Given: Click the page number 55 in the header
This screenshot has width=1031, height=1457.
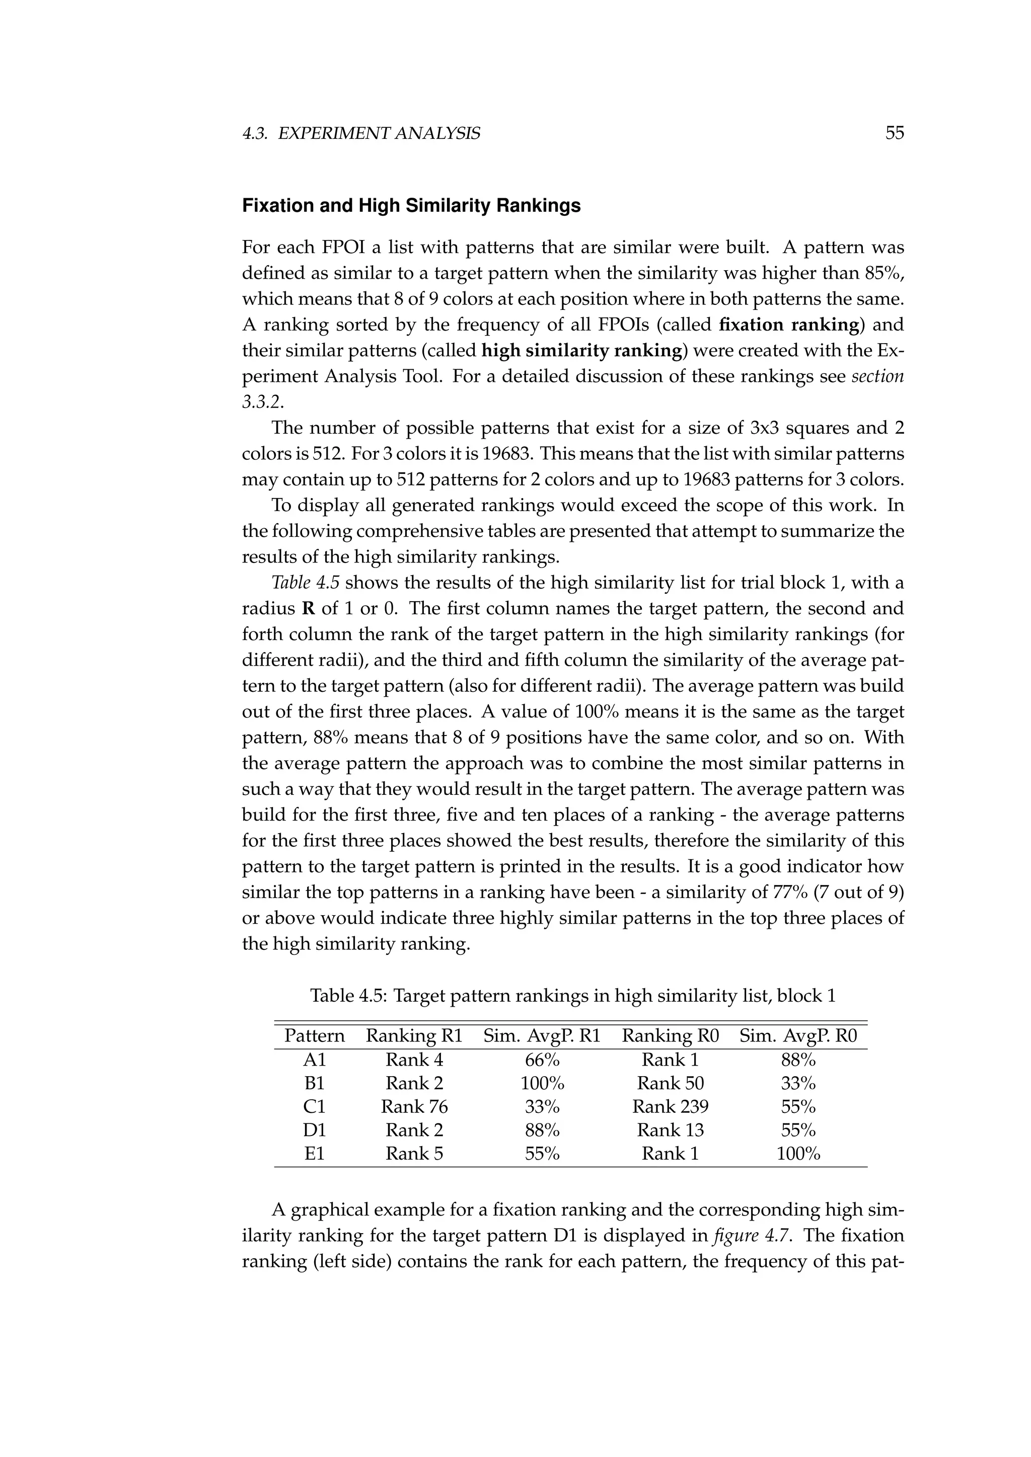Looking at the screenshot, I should pos(894,133).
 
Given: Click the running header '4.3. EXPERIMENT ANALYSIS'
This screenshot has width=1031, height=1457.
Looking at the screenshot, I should pos(361,134).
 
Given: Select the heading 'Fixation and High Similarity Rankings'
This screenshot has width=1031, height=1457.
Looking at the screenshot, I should pos(411,206).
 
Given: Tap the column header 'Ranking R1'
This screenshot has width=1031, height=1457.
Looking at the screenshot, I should pos(414,1036).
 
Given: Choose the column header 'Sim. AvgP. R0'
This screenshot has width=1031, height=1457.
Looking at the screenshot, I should pos(798,1036).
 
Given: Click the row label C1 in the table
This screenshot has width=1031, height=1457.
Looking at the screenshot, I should pos(314,1107).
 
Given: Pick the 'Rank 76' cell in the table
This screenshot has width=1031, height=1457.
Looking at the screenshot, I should pos(414,1107).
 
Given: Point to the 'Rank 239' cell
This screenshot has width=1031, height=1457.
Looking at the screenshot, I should pos(671,1107).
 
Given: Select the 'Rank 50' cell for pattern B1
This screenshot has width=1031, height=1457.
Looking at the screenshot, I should pos(671,1083).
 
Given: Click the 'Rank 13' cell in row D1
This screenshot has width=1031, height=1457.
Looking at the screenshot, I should pos(671,1130).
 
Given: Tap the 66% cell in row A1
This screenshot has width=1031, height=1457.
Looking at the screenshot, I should pos(542,1060).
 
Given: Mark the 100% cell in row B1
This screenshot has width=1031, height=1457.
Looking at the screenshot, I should pos(542,1083).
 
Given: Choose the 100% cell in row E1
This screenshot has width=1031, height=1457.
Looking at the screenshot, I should pos(798,1154).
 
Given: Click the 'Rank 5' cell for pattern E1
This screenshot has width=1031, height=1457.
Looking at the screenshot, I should pos(414,1154).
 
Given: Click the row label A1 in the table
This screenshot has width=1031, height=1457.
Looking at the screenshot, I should pos(314,1060).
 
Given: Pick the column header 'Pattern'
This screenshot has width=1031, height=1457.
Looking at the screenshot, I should pos(314,1036).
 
